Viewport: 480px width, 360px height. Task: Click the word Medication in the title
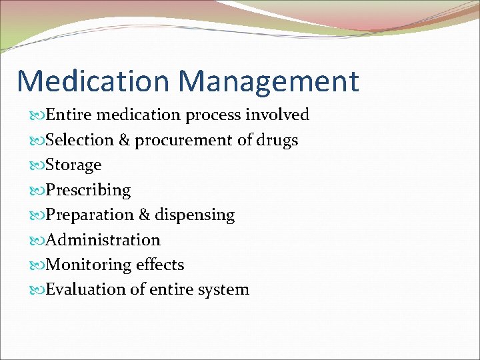click(x=93, y=81)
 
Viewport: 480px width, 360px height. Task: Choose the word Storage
click(x=73, y=165)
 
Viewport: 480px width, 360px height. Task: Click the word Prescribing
click(x=88, y=191)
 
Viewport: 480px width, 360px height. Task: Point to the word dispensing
click(x=195, y=215)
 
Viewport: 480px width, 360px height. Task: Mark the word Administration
click(x=103, y=240)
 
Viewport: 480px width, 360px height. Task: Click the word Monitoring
click(x=88, y=265)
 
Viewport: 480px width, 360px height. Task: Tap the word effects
click(x=160, y=265)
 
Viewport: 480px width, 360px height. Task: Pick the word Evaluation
click(x=84, y=289)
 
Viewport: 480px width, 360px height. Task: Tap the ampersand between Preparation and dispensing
click(x=144, y=215)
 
